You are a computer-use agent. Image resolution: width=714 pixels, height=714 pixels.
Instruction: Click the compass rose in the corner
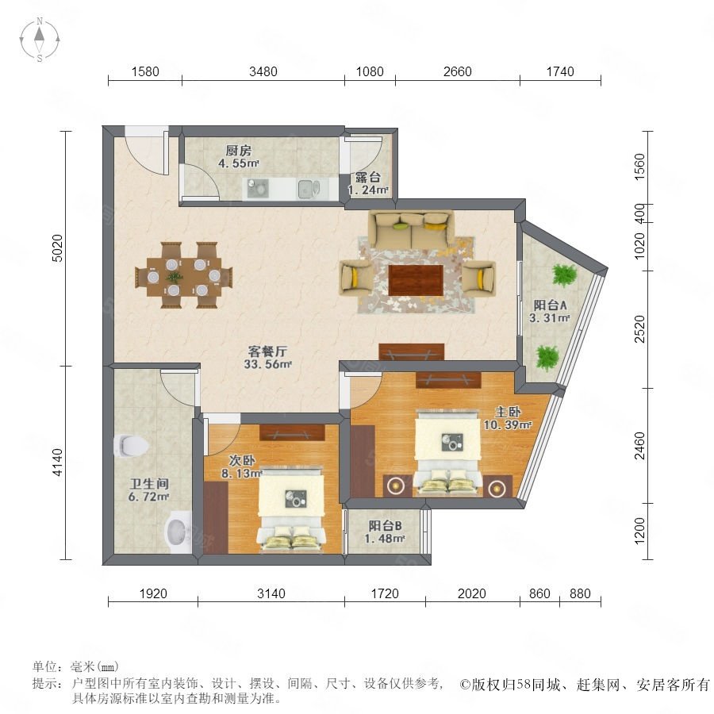40,40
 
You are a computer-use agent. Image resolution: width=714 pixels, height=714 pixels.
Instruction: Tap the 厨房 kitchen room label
239,151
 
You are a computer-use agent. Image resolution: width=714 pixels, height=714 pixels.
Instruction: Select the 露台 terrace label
368,178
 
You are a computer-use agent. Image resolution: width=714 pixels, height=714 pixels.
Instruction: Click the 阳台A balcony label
550,305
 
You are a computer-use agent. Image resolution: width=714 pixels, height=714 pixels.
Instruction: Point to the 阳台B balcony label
386,526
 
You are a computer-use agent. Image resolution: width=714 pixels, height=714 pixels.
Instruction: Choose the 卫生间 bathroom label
149,484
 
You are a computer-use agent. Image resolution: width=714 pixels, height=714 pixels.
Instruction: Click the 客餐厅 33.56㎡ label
267,358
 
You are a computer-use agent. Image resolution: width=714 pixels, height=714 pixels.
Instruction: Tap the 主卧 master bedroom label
508,412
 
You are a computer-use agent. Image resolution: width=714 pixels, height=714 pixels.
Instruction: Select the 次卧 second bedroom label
242,460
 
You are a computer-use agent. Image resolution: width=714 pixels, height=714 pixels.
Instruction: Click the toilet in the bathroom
131,445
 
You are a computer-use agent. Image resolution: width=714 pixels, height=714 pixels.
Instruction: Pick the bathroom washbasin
178,532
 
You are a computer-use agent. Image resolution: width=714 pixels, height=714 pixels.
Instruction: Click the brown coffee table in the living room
416,281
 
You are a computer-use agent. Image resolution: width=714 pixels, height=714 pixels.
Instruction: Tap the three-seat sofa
411,228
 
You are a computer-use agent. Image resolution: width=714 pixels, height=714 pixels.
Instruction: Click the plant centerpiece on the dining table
175,277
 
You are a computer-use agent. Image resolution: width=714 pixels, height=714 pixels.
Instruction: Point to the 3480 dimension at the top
263,71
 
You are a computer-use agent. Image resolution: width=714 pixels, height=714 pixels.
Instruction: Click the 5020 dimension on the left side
57,248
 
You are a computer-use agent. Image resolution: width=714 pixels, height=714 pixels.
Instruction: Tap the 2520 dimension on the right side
639,328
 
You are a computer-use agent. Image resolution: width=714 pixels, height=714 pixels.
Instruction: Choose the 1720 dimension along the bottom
385,593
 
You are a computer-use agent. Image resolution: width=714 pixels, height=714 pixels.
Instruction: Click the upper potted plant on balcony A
564,275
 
